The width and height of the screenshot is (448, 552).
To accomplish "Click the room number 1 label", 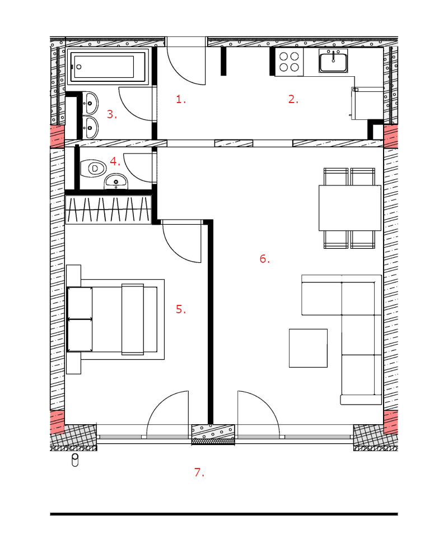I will [180, 100].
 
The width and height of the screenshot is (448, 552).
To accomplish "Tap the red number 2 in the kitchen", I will [292, 100].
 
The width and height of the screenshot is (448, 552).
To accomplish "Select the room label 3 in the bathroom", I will [111, 114].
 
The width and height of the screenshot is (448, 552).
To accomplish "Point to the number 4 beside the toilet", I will [114, 161].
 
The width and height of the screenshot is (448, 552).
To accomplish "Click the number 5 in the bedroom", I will [180, 309].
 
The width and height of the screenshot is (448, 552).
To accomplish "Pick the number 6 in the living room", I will [264, 258].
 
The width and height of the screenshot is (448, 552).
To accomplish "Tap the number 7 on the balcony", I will [198, 472].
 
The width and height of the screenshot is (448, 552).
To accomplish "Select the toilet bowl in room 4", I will [92, 168].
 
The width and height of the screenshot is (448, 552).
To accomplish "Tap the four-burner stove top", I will [289, 62].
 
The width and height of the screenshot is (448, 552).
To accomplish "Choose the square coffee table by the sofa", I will [308, 348].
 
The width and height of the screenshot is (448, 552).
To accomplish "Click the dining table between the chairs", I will [349, 207].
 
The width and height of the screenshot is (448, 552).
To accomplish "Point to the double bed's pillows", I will [80, 319].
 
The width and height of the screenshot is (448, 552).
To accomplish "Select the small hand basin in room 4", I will [115, 181].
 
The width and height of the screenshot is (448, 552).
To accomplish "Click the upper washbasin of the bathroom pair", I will [90, 102].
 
